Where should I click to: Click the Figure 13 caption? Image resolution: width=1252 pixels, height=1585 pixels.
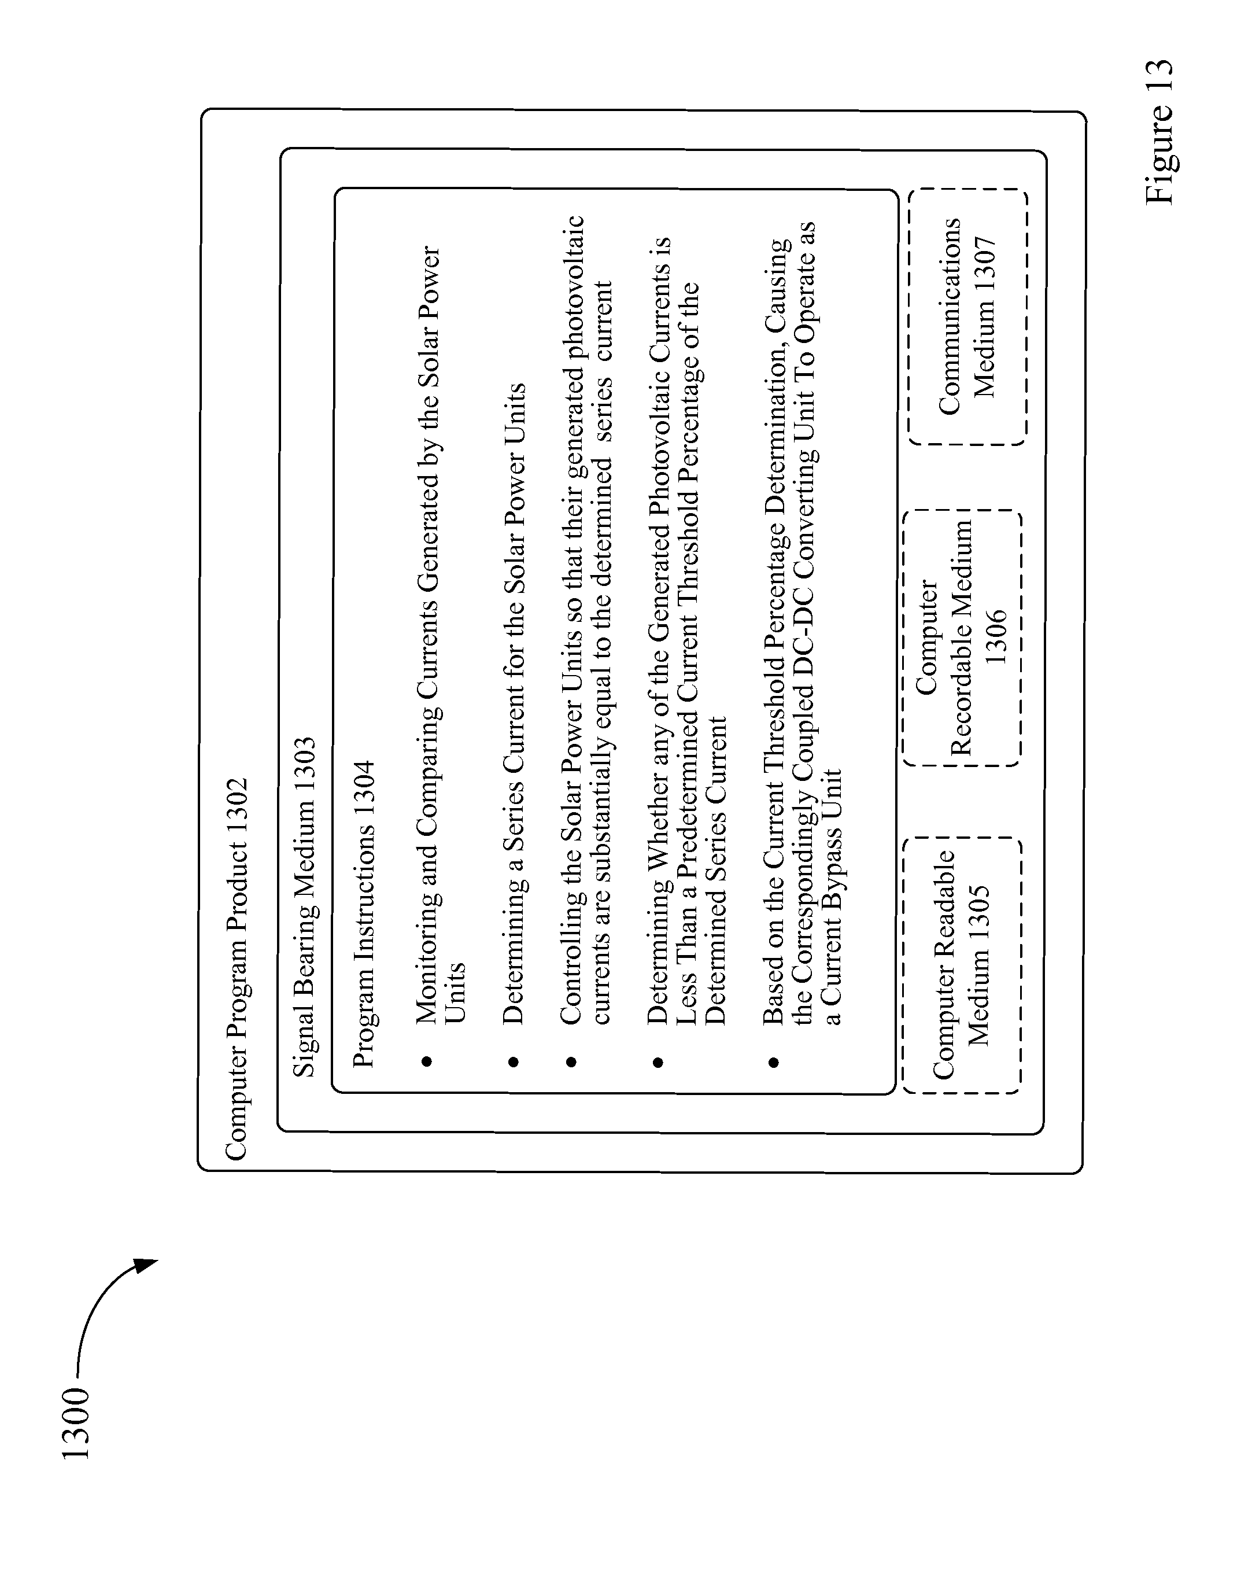pos(1159,131)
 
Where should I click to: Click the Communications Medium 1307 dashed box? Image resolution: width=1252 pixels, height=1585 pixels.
pos(967,316)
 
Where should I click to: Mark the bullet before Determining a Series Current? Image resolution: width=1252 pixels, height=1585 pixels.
pos(513,1061)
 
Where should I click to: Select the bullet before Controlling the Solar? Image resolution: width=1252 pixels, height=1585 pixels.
pos(571,1061)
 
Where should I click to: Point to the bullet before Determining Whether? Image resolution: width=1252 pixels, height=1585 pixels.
pos(658,1061)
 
